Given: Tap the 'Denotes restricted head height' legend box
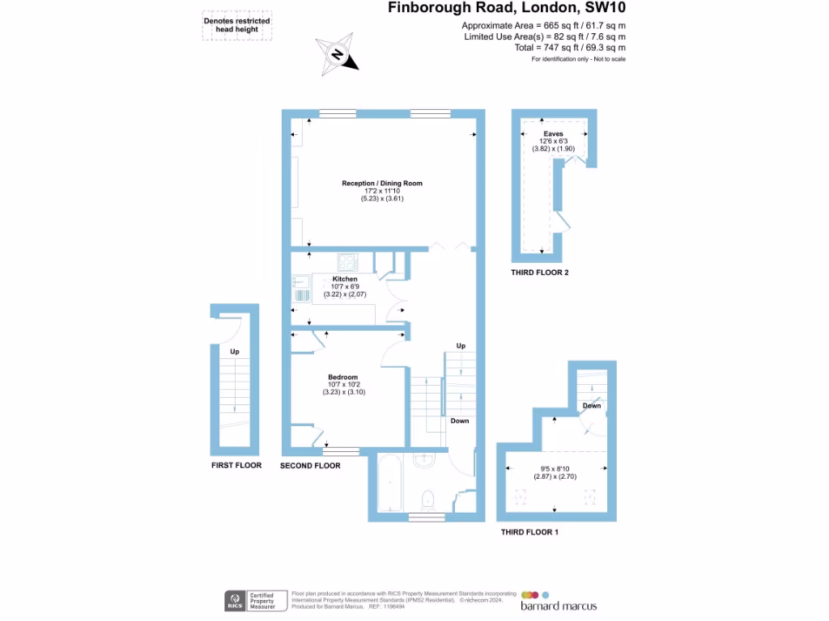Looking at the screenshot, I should click(x=236, y=27).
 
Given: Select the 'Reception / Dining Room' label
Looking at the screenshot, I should click(x=382, y=184).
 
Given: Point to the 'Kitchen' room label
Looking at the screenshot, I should click(x=344, y=279).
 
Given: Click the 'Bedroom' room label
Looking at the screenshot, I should click(x=343, y=377).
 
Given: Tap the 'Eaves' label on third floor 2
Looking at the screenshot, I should click(x=554, y=133).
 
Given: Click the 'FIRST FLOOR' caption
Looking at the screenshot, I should click(x=236, y=466).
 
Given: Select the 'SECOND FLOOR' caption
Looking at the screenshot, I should click(x=310, y=466).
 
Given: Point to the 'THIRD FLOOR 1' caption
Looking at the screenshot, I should click(x=529, y=532).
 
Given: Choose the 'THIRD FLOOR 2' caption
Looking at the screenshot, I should click(x=539, y=273).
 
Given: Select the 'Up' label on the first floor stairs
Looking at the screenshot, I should click(x=235, y=352).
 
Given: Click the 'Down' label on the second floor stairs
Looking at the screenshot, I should click(x=459, y=420).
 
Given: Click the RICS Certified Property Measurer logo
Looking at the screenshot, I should click(x=253, y=601).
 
